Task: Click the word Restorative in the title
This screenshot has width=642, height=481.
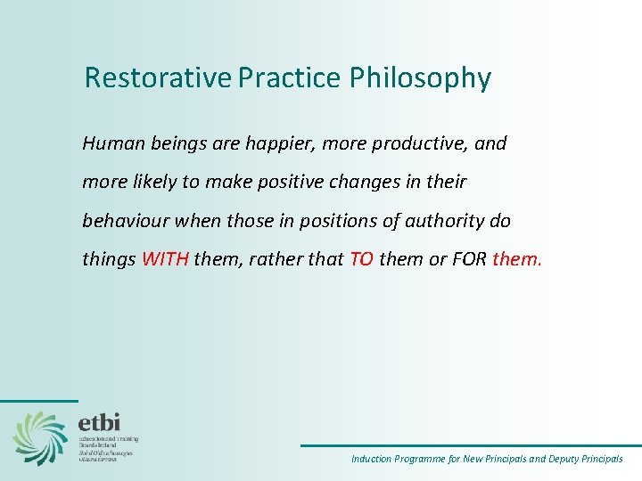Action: pyautogui.click(x=157, y=78)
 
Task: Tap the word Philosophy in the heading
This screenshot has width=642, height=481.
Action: pyautogui.click(x=420, y=78)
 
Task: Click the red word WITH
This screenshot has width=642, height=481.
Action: pyautogui.click(x=165, y=259)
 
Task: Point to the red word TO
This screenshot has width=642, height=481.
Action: pyautogui.click(x=361, y=259)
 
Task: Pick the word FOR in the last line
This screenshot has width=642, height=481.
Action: pyautogui.click(x=469, y=259)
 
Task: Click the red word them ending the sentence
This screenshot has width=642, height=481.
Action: pyautogui.click(x=516, y=259)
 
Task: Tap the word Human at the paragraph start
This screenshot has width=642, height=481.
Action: pyautogui.click(x=107, y=143)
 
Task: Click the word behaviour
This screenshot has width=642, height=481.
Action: pyautogui.click(x=122, y=220)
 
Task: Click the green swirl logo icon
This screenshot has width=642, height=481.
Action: pyautogui.click(x=40, y=437)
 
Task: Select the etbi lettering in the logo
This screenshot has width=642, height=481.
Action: pyautogui.click(x=99, y=421)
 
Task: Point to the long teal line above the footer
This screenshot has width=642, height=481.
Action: pyautogui.click(x=470, y=445)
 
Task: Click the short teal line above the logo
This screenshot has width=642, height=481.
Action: pyautogui.click(x=38, y=401)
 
